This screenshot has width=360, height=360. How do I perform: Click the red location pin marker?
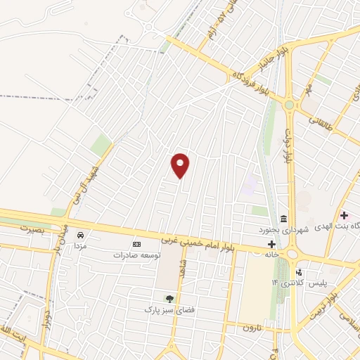click(181, 165)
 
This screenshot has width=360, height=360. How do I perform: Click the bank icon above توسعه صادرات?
click(136, 244)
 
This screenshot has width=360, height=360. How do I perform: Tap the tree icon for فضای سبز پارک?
click(168, 297)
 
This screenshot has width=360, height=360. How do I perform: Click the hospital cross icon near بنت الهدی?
click(343, 214)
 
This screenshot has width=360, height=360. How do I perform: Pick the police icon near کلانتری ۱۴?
click(299, 271)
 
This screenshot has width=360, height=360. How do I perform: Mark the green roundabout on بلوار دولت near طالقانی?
click(289, 105)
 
